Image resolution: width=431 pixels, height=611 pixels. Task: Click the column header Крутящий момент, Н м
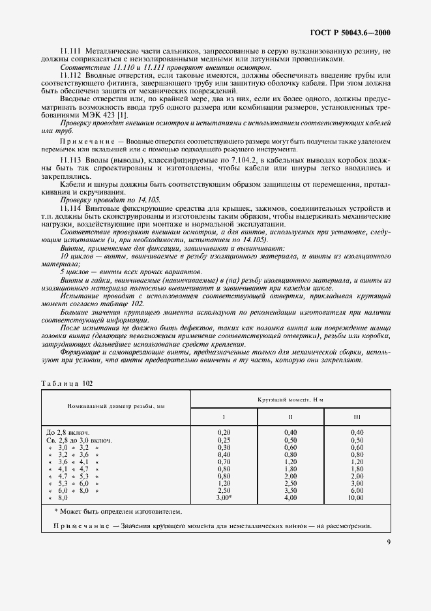point(290,398)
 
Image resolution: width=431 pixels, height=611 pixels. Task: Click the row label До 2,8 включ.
point(68,432)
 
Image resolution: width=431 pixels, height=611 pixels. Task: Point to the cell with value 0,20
point(223,432)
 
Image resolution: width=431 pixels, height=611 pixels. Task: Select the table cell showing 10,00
point(357,497)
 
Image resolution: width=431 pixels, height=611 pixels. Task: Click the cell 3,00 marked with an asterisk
point(224,497)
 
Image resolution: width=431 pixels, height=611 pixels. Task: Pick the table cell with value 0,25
point(223,440)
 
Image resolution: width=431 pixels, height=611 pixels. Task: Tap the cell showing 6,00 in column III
point(357,490)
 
